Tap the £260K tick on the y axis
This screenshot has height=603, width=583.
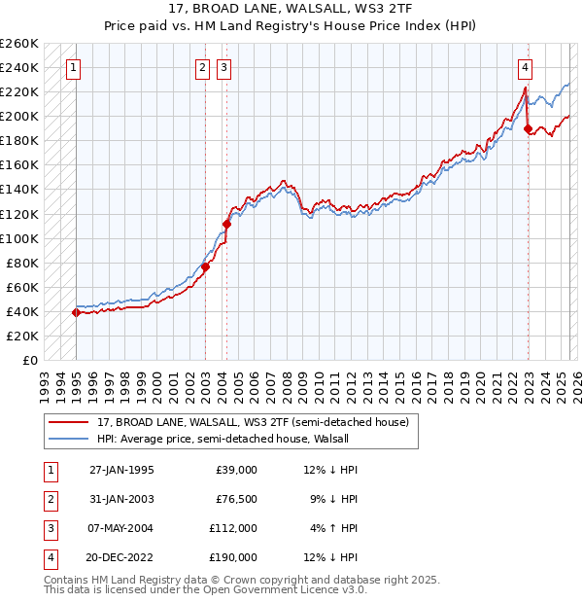pyautogui.click(x=19, y=44)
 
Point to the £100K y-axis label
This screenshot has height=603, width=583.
pyautogui.click(x=19, y=238)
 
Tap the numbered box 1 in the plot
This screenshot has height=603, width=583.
pyautogui.click(x=75, y=68)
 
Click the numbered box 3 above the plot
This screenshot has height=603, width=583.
pyautogui.click(x=223, y=68)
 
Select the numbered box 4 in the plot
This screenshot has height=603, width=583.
pyautogui.click(x=525, y=68)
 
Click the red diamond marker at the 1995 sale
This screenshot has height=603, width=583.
pyautogui.click(x=76, y=312)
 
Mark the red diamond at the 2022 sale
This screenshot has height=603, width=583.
pyautogui.click(x=528, y=128)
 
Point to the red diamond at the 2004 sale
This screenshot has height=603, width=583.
pyautogui.click(x=226, y=224)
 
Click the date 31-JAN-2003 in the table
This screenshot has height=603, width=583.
pyautogui.click(x=120, y=498)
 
